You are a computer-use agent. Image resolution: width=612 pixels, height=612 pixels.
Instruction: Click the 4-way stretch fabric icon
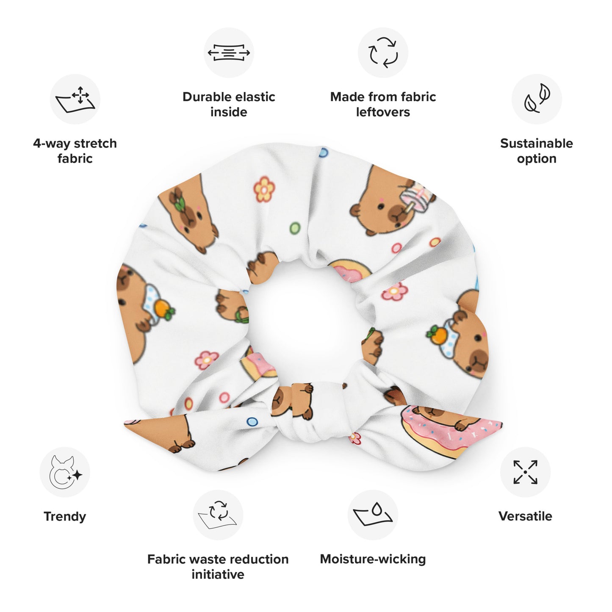[75, 100]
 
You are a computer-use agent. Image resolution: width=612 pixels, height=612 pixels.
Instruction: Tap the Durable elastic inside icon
[229, 53]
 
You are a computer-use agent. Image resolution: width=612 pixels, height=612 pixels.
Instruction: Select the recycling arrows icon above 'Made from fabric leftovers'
[383, 53]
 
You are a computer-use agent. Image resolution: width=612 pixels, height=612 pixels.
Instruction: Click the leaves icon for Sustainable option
[537, 98]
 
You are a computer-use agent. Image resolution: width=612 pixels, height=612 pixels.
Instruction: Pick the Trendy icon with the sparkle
[65, 472]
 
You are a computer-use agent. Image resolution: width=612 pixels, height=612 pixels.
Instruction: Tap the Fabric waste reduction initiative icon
[218, 515]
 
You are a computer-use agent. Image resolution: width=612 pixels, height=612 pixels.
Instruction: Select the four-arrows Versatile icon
[525, 472]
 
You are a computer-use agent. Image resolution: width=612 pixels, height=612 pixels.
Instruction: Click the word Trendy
[65, 516]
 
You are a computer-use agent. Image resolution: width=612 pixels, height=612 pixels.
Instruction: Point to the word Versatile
[525, 516]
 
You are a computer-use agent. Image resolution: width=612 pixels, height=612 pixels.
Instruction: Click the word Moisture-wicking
[373, 559]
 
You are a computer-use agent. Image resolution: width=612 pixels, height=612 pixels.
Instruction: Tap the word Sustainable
[537, 144]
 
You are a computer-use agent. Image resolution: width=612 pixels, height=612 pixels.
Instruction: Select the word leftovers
[383, 112]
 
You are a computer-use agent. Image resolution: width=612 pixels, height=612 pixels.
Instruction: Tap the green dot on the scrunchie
[295, 228]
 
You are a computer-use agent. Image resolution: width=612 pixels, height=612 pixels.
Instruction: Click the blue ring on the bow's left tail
[252, 421]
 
